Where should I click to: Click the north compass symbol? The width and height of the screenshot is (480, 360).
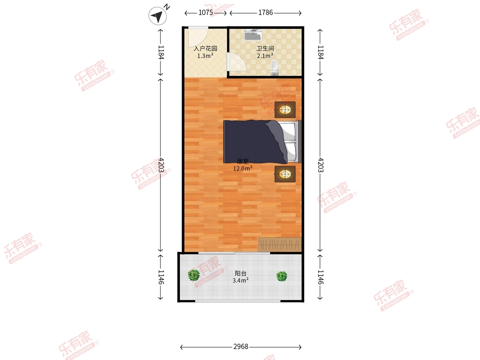coord(158,16)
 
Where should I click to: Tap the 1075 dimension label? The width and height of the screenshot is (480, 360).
coord(206,13)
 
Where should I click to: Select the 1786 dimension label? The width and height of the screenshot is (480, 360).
coord(266,13)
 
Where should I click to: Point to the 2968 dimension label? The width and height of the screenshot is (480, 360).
coord(240,346)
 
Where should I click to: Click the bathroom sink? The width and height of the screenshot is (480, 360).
coord(253,35)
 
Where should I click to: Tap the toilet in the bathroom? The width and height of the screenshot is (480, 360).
coord(274,68)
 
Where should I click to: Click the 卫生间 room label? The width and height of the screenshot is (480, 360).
coord(265,48)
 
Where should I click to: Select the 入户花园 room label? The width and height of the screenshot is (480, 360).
coord(205,48)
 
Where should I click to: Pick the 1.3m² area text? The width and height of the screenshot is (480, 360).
coord(205,56)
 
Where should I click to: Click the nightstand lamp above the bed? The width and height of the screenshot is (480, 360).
coord(285,110)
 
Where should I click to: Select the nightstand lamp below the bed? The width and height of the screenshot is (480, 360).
coord(285,174)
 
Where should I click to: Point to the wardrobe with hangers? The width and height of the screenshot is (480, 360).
coord(280,244)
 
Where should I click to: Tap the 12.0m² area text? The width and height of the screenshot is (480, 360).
coord(243,168)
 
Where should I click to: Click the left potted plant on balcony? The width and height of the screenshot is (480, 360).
coord(194,275)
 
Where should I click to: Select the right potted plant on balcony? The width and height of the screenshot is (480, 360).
coord(282,276)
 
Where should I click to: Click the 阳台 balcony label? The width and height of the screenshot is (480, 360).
coord(240,273)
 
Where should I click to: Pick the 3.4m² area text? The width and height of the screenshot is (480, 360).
coord(240,280)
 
